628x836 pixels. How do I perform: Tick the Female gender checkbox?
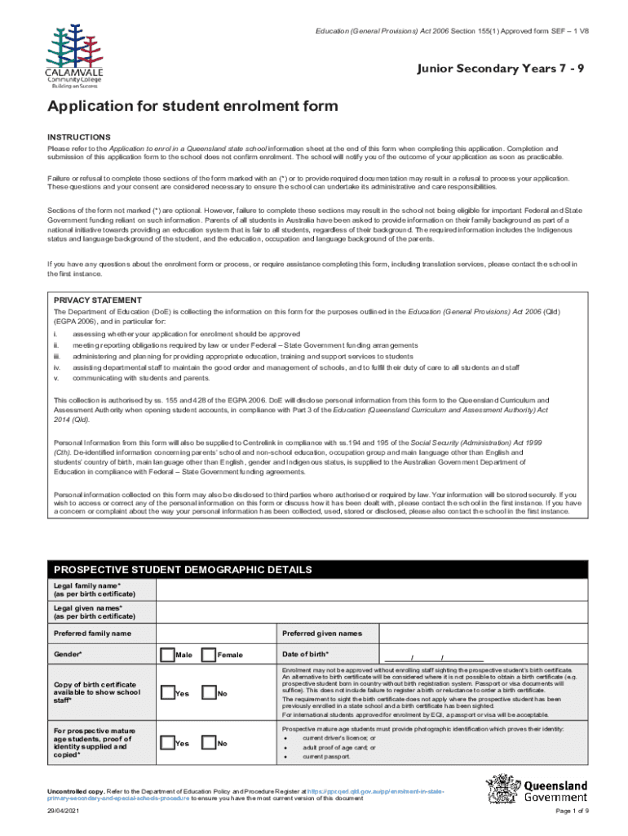(x=208, y=655)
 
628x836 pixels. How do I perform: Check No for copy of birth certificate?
(x=208, y=693)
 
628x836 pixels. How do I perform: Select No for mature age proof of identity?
(x=208, y=743)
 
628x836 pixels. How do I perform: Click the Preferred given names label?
(x=322, y=634)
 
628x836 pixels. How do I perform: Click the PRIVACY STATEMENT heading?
(x=98, y=300)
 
